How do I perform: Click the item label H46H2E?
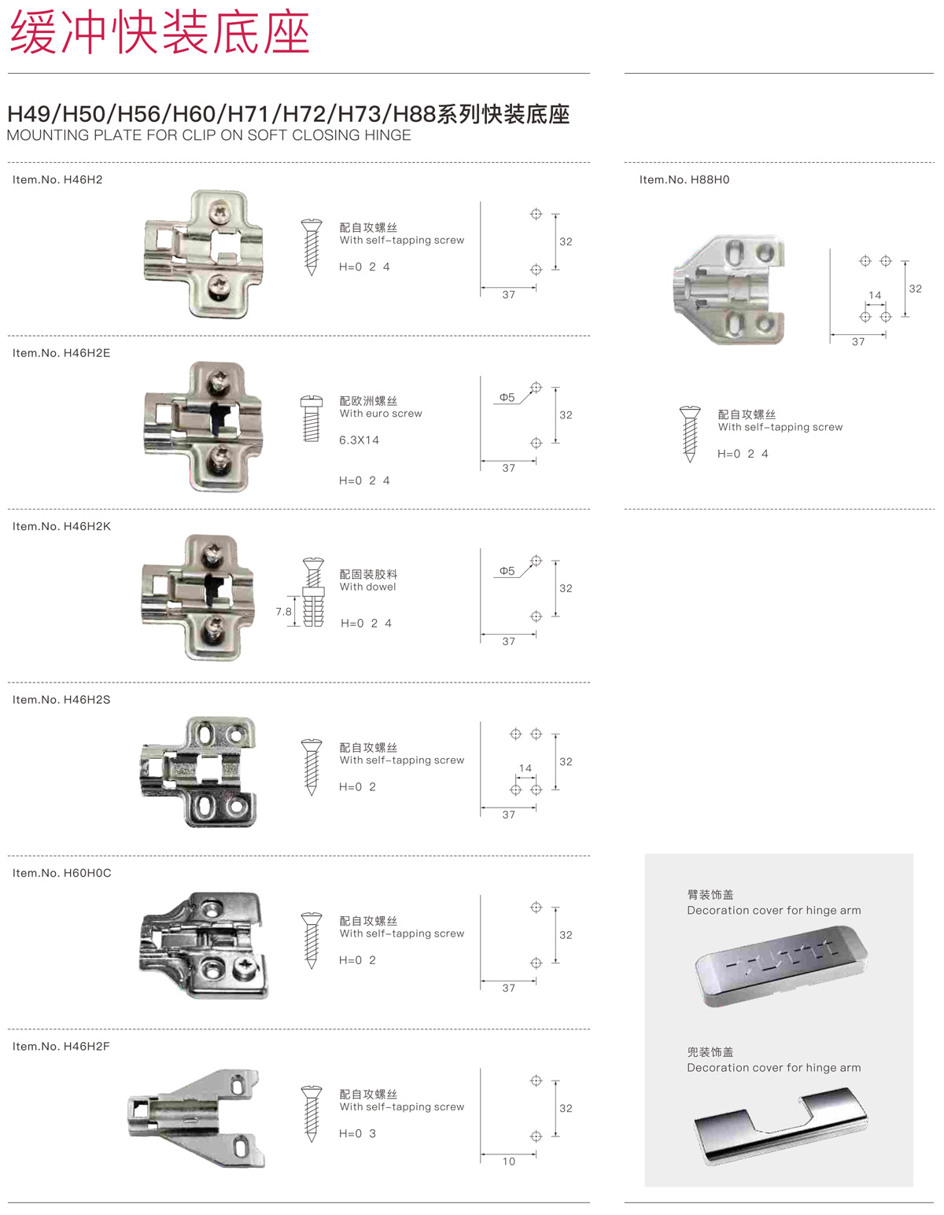61,353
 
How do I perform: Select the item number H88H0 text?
684,179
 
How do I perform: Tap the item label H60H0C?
61,873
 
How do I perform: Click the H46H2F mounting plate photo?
197,1118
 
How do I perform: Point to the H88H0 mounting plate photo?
728,289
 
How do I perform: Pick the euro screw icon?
312,419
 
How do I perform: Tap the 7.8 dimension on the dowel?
283,611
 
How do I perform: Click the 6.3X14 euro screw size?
359,440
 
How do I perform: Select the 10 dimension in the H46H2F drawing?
508,1162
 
